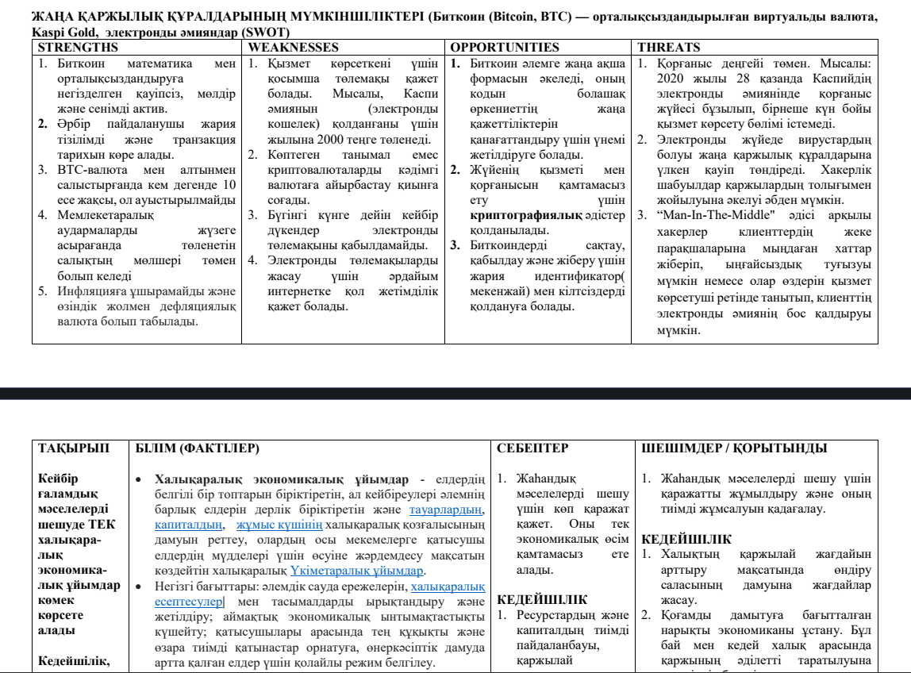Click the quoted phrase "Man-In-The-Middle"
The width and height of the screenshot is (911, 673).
[x=713, y=214]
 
